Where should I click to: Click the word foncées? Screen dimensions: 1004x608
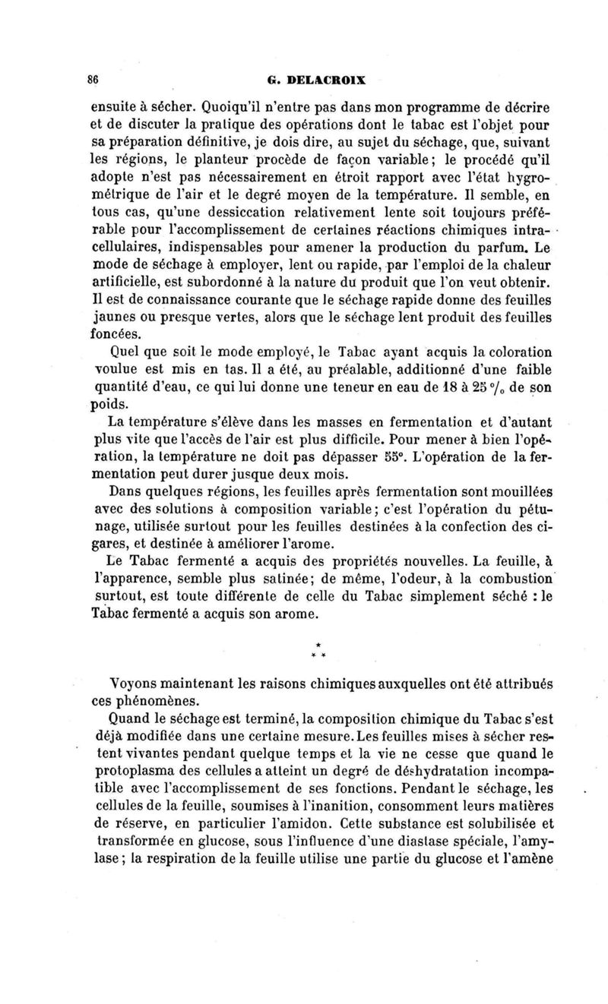(116, 334)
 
